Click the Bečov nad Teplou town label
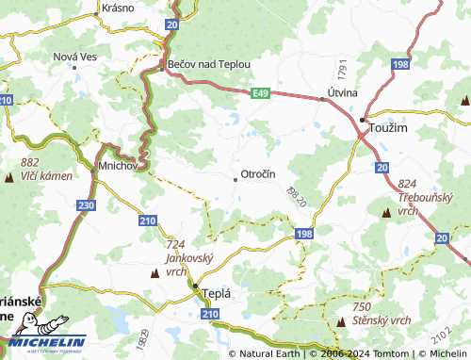(x=209, y=64)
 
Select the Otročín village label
(x=257, y=175)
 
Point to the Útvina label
(x=340, y=94)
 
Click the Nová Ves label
(x=75, y=57)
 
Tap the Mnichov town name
(x=118, y=166)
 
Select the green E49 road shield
(x=261, y=92)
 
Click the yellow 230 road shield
(x=87, y=205)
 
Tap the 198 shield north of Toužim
(x=401, y=64)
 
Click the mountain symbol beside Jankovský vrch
(x=154, y=273)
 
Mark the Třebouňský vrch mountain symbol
(x=385, y=214)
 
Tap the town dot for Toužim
(x=363, y=120)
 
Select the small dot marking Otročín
(x=235, y=176)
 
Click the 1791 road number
(x=344, y=69)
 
